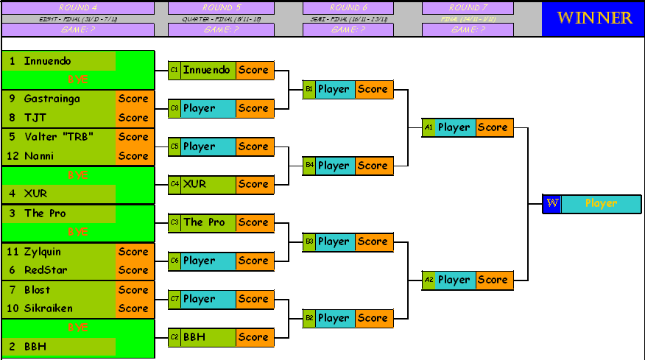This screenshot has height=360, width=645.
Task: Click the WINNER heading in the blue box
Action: click(593, 18)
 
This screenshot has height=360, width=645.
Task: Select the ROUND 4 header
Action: click(78, 7)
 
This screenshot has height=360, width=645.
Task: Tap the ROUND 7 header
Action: click(468, 7)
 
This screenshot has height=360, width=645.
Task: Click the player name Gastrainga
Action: click(52, 99)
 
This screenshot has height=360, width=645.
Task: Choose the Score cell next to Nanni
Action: click(133, 156)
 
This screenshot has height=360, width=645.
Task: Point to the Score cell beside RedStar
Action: click(133, 270)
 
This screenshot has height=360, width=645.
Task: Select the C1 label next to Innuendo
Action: click(175, 70)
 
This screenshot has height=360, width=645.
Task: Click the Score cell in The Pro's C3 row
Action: click(254, 222)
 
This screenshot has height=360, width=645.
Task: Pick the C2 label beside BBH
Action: click(175, 337)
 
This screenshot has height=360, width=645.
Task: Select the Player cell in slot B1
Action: click(334, 89)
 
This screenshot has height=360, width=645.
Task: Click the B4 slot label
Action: click(309, 166)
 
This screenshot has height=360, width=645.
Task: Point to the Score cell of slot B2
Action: click(373, 318)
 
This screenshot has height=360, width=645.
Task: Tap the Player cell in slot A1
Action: click(454, 127)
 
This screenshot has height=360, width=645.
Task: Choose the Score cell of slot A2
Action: click(493, 280)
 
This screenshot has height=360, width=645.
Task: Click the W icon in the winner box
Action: click(551, 204)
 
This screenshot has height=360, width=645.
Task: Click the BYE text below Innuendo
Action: click(78, 80)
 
